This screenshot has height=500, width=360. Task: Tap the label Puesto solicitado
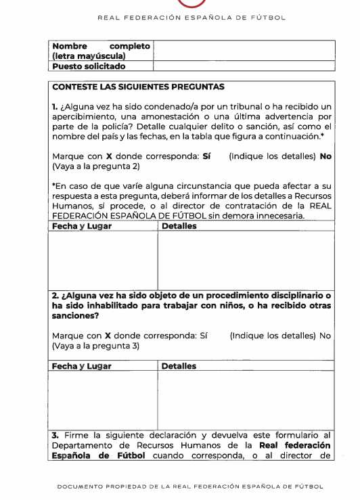[89, 66]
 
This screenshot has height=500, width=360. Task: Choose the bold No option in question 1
[325, 155]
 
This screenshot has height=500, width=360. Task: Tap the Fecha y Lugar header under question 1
[82, 225]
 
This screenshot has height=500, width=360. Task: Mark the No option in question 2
[325, 335]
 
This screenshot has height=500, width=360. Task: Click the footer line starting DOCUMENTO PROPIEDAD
[180, 485]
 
